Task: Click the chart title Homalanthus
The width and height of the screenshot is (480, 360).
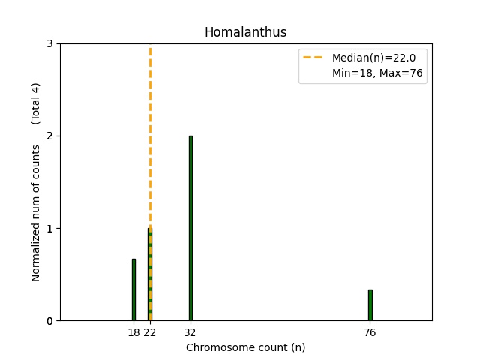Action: click(245, 32)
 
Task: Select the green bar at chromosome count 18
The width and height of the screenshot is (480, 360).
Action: click(133, 289)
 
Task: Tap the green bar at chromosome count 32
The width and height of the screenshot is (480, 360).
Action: click(190, 228)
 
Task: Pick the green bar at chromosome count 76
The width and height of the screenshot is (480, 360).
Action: click(370, 305)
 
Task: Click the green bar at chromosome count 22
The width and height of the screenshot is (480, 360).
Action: click(150, 274)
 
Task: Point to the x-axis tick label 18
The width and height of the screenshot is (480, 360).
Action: click(133, 333)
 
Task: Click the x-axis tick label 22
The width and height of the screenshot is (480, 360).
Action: click(150, 333)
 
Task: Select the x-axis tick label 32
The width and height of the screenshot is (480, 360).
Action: click(190, 333)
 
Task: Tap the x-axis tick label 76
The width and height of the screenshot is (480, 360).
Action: click(370, 333)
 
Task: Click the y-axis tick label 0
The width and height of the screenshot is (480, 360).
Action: click(49, 321)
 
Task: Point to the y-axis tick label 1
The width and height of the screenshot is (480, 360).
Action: click(49, 229)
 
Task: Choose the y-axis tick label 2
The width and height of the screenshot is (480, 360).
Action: click(49, 136)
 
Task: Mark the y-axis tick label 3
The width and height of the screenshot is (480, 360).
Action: click(49, 44)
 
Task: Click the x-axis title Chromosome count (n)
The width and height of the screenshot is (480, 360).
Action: click(245, 347)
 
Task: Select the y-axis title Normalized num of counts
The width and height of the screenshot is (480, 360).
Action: click(36, 213)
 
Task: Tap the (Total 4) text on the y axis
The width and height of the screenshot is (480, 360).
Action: click(36, 103)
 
